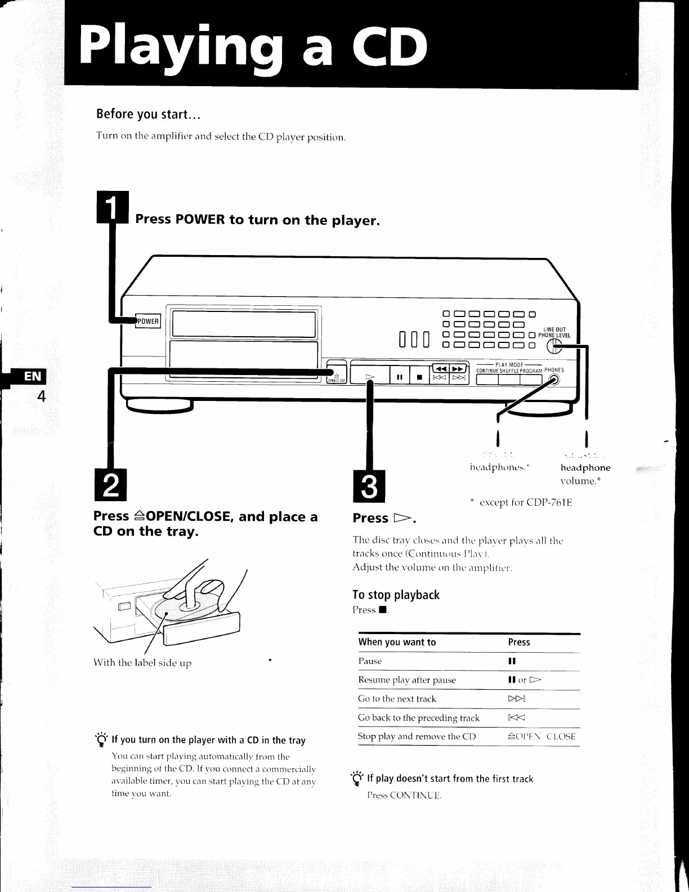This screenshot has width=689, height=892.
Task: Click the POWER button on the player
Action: pyautogui.click(x=148, y=321)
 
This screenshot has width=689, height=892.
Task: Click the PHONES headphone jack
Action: pyautogui.click(x=554, y=380)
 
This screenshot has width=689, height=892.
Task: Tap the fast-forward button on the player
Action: pyautogui.click(x=459, y=368)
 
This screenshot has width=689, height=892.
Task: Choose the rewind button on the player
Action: pyautogui.click(x=440, y=368)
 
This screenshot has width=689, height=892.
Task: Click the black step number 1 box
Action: pyautogui.click(x=113, y=207)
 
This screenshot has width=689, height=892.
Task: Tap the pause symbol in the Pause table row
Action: pyautogui.click(x=512, y=661)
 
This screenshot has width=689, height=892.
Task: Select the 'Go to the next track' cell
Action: pyautogui.click(x=397, y=699)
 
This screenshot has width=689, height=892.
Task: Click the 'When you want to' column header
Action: pyautogui.click(x=397, y=642)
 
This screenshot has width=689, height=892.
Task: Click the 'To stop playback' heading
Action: pyautogui.click(x=396, y=595)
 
